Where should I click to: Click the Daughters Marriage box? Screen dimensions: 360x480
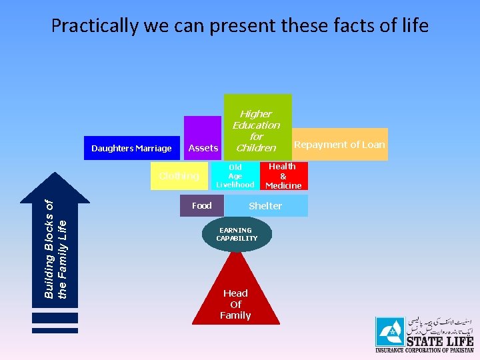[x=131, y=148]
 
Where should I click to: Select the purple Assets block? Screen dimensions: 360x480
[x=203, y=139]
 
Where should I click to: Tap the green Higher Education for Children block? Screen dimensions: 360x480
[x=256, y=127]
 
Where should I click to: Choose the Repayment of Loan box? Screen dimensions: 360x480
[x=339, y=144]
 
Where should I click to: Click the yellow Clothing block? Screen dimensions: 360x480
[x=179, y=176]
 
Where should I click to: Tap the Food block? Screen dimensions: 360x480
[x=201, y=206]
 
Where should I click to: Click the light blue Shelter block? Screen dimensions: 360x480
[x=265, y=206]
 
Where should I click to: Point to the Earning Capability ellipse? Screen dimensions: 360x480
[x=237, y=235]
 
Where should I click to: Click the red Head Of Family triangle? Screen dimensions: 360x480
[x=235, y=300]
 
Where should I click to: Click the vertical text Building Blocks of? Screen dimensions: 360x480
[x=49, y=248]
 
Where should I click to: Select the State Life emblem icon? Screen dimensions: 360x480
[x=390, y=331]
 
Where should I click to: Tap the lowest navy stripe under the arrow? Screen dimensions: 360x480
[x=55, y=330]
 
